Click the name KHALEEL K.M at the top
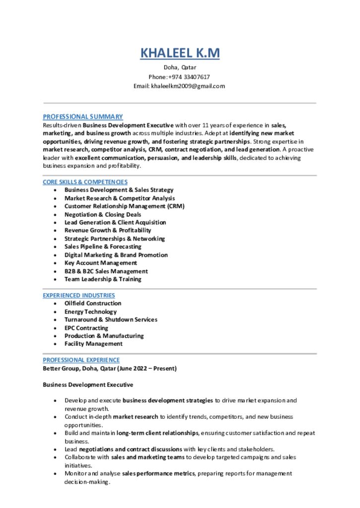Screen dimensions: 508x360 pyautogui.click(x=180, y=53)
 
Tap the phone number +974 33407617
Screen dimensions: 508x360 pyautogui.click(x=189, y=77)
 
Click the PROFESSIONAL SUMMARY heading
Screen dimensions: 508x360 pyautogui.click(x=82, y=117)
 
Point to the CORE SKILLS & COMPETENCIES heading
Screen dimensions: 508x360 pyautogui.click(x=85, y=182)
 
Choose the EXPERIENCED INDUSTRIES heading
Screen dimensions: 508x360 pyautogui.click(x=78, y=295)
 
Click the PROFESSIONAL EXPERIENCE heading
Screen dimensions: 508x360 pyautogui.click(x=81, y=360)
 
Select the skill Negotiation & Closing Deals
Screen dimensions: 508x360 pyautogui.click(x=103, y=214)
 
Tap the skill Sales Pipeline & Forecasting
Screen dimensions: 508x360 pyautogui.click(x=103, y=247)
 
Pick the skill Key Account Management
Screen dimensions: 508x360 pyautogui.click(x=100, y=263)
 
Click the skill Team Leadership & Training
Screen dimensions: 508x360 pyautogui.click(x=103, y=279)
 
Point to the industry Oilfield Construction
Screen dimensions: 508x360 pyautogui.click(x=93, y=303)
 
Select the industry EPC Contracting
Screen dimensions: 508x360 pyautogui.click(x=86, y=328)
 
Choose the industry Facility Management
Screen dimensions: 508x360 pyautogui.click(x=93, y=344)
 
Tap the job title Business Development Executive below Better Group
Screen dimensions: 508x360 pyautogui.click(x=88, y=384)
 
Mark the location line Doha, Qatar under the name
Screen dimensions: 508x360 pyautogui.click(x=180, y=67)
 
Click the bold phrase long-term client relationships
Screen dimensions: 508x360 pyautogui.click(x=157, y=433)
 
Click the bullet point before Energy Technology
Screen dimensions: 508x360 pyautogui.click(x=55, y=312)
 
